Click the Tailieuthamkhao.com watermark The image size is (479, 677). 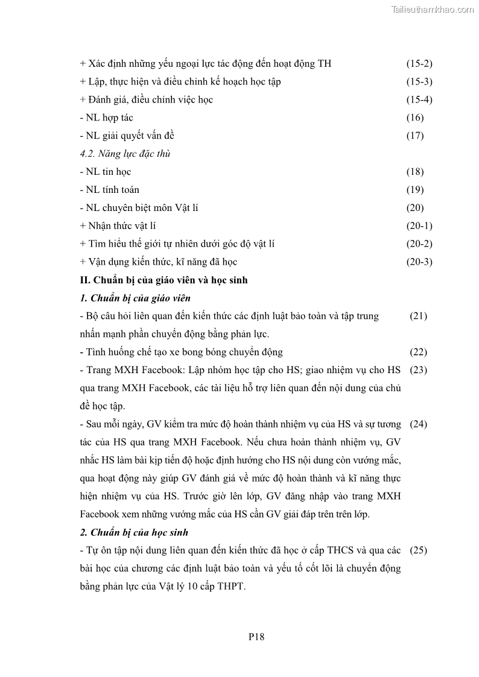[x=433, y=9]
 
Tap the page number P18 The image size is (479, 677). [x=256, y=636]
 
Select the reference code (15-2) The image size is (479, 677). [x=419, y=63]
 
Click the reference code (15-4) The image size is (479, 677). [x=419, y=99]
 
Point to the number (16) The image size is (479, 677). [x=415, y=118]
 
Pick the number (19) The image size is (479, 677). [x=415, y=190]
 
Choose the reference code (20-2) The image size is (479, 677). [x=419, y=244]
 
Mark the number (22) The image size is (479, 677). [x=419, y=352]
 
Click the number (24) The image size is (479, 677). [x=419, y=424]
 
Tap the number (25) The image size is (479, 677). [x=419, y=550]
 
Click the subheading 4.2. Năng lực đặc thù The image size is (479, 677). [x=125, y=154]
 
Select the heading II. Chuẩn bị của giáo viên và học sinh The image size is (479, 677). [x=163, y=280]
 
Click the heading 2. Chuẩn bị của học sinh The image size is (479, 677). [x=134, y=532]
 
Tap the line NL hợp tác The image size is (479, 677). [x=106, y=118]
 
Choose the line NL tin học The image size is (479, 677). [x=106, y=172]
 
